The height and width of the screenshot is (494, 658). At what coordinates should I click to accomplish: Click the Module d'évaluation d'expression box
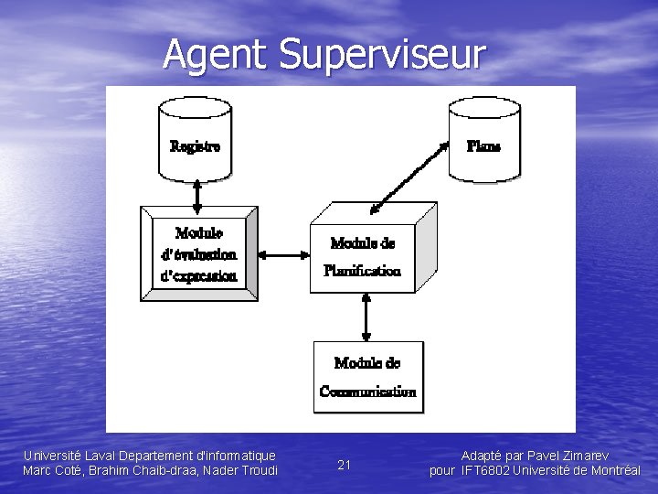point(198,252)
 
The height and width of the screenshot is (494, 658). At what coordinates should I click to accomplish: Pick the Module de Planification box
point(364,256)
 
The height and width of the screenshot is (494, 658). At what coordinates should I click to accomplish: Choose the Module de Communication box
point(367,376)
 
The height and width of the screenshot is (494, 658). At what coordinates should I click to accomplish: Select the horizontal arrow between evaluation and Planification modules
point(283,255)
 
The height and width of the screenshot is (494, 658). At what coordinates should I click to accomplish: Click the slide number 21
point(345,465)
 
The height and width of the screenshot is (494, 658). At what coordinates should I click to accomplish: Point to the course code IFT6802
point(485,470)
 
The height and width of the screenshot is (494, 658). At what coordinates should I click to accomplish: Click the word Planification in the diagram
point(362,271)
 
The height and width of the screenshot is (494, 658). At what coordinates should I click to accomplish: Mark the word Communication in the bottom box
point(367,392)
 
